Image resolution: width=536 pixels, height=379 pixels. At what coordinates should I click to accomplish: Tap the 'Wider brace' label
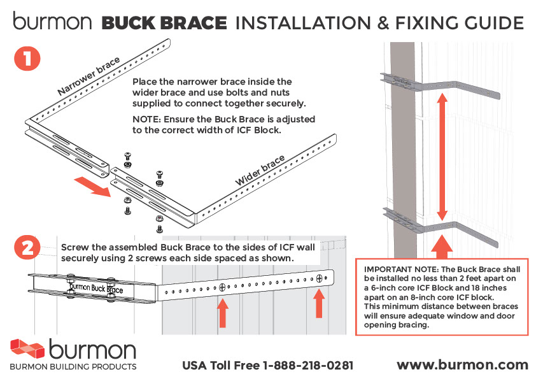point(260,171)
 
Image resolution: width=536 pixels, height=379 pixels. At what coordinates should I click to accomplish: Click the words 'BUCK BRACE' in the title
point(164,24)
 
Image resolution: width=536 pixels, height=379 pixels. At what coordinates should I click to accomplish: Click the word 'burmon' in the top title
point(52,24)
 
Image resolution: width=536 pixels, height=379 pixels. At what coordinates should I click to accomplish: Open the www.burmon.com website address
point(462,365)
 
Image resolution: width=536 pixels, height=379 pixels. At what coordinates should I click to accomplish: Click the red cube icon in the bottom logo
point(27,350)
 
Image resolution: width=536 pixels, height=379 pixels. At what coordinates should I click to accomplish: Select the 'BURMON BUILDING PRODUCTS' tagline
point(73,367)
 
